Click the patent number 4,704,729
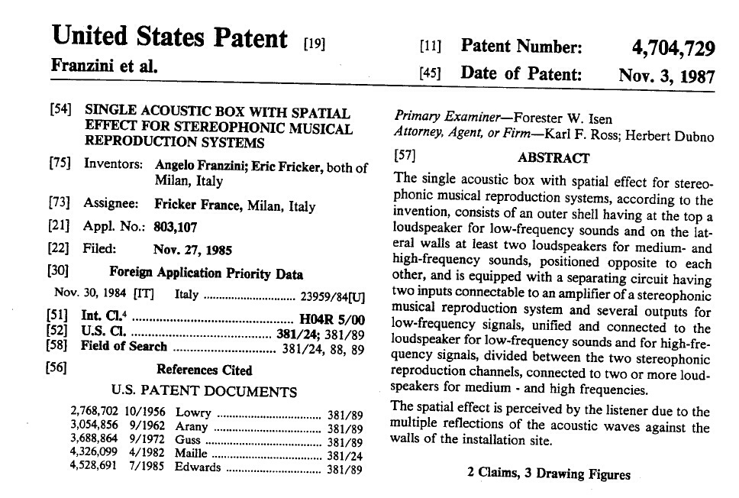[x=673, y=49]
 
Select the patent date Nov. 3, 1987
[x=666, y=76]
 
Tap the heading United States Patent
[x=169, y=37]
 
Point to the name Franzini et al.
[x=104, y=66]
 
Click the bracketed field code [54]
[x=61, y=111]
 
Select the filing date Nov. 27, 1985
[x=192, y=250]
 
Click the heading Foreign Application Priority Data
[x=206, y=273]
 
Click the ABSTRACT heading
[x=553, y=158]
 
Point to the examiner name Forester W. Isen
[x=563, y=118]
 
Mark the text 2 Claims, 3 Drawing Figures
[x=549, y=474]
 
